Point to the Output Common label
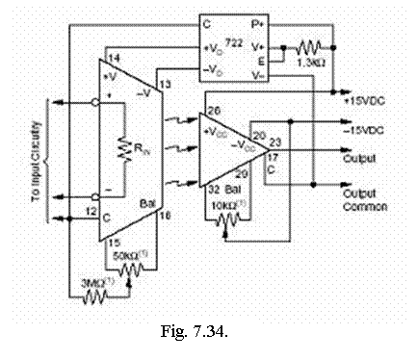coord(366,199)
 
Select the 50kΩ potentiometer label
coord(128,256)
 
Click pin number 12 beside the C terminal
coord(90,211)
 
